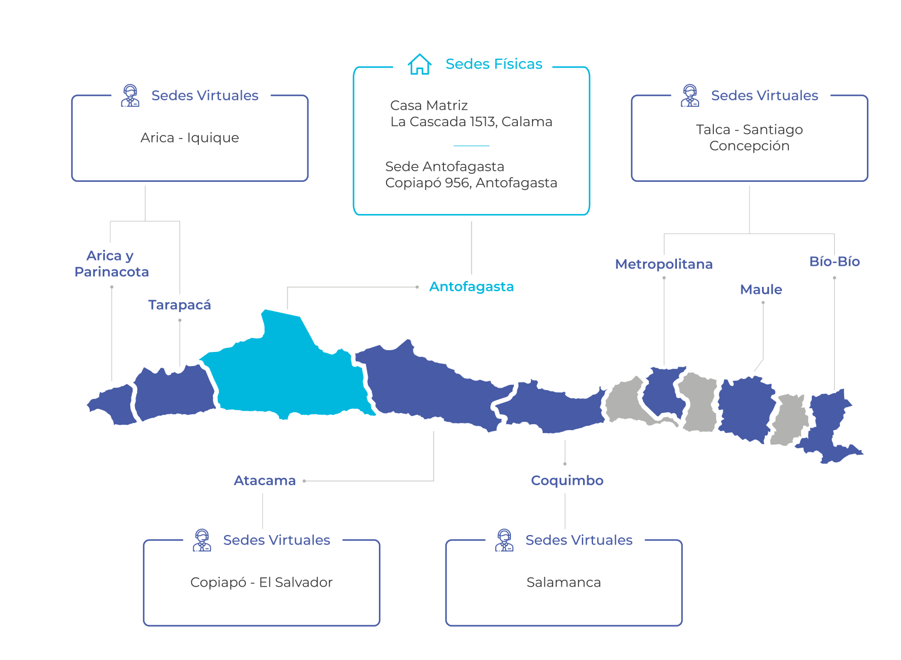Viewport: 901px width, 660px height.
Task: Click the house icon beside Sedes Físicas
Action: tap(419, 64)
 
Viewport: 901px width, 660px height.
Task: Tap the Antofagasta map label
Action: tap(471, 287)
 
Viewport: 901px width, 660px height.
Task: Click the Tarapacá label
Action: tap(179, 305)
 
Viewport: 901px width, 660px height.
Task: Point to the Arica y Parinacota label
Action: tap(111, 264)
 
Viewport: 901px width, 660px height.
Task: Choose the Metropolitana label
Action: tap(663, 265)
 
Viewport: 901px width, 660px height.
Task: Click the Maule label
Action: tap(761, 290)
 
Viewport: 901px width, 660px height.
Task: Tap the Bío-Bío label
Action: tap(834, 262)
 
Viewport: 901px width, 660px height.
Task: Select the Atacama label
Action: tap(265, 480)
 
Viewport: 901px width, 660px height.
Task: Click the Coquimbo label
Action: tap(567, 480)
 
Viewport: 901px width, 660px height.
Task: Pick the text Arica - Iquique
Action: tap(189, 138)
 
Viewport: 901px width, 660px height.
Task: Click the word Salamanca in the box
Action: tap(563, 583)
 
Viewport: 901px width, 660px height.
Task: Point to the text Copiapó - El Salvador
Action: tap(261, 583)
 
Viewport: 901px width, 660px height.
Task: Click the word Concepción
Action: tap(749, 146)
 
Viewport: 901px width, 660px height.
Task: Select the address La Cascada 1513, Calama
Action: tap(471, 122)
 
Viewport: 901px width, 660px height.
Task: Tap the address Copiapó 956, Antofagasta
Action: tap(471, 183)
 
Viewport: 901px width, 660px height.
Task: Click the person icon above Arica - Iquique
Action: tap(130, 96)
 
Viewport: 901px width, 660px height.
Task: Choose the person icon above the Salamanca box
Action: tap(504, 540)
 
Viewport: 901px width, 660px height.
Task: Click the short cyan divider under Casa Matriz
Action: tap(471, 146)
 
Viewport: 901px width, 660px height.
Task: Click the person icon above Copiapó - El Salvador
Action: tap(202, 540)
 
